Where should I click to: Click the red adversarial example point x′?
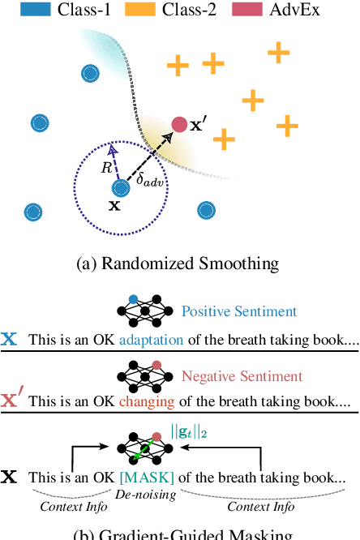coord(179,124)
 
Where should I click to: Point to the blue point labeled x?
coord(121,188)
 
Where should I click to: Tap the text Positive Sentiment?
coord(239,311)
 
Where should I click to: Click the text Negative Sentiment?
coord(242,376)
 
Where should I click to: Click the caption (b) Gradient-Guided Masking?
coord(180,534)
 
